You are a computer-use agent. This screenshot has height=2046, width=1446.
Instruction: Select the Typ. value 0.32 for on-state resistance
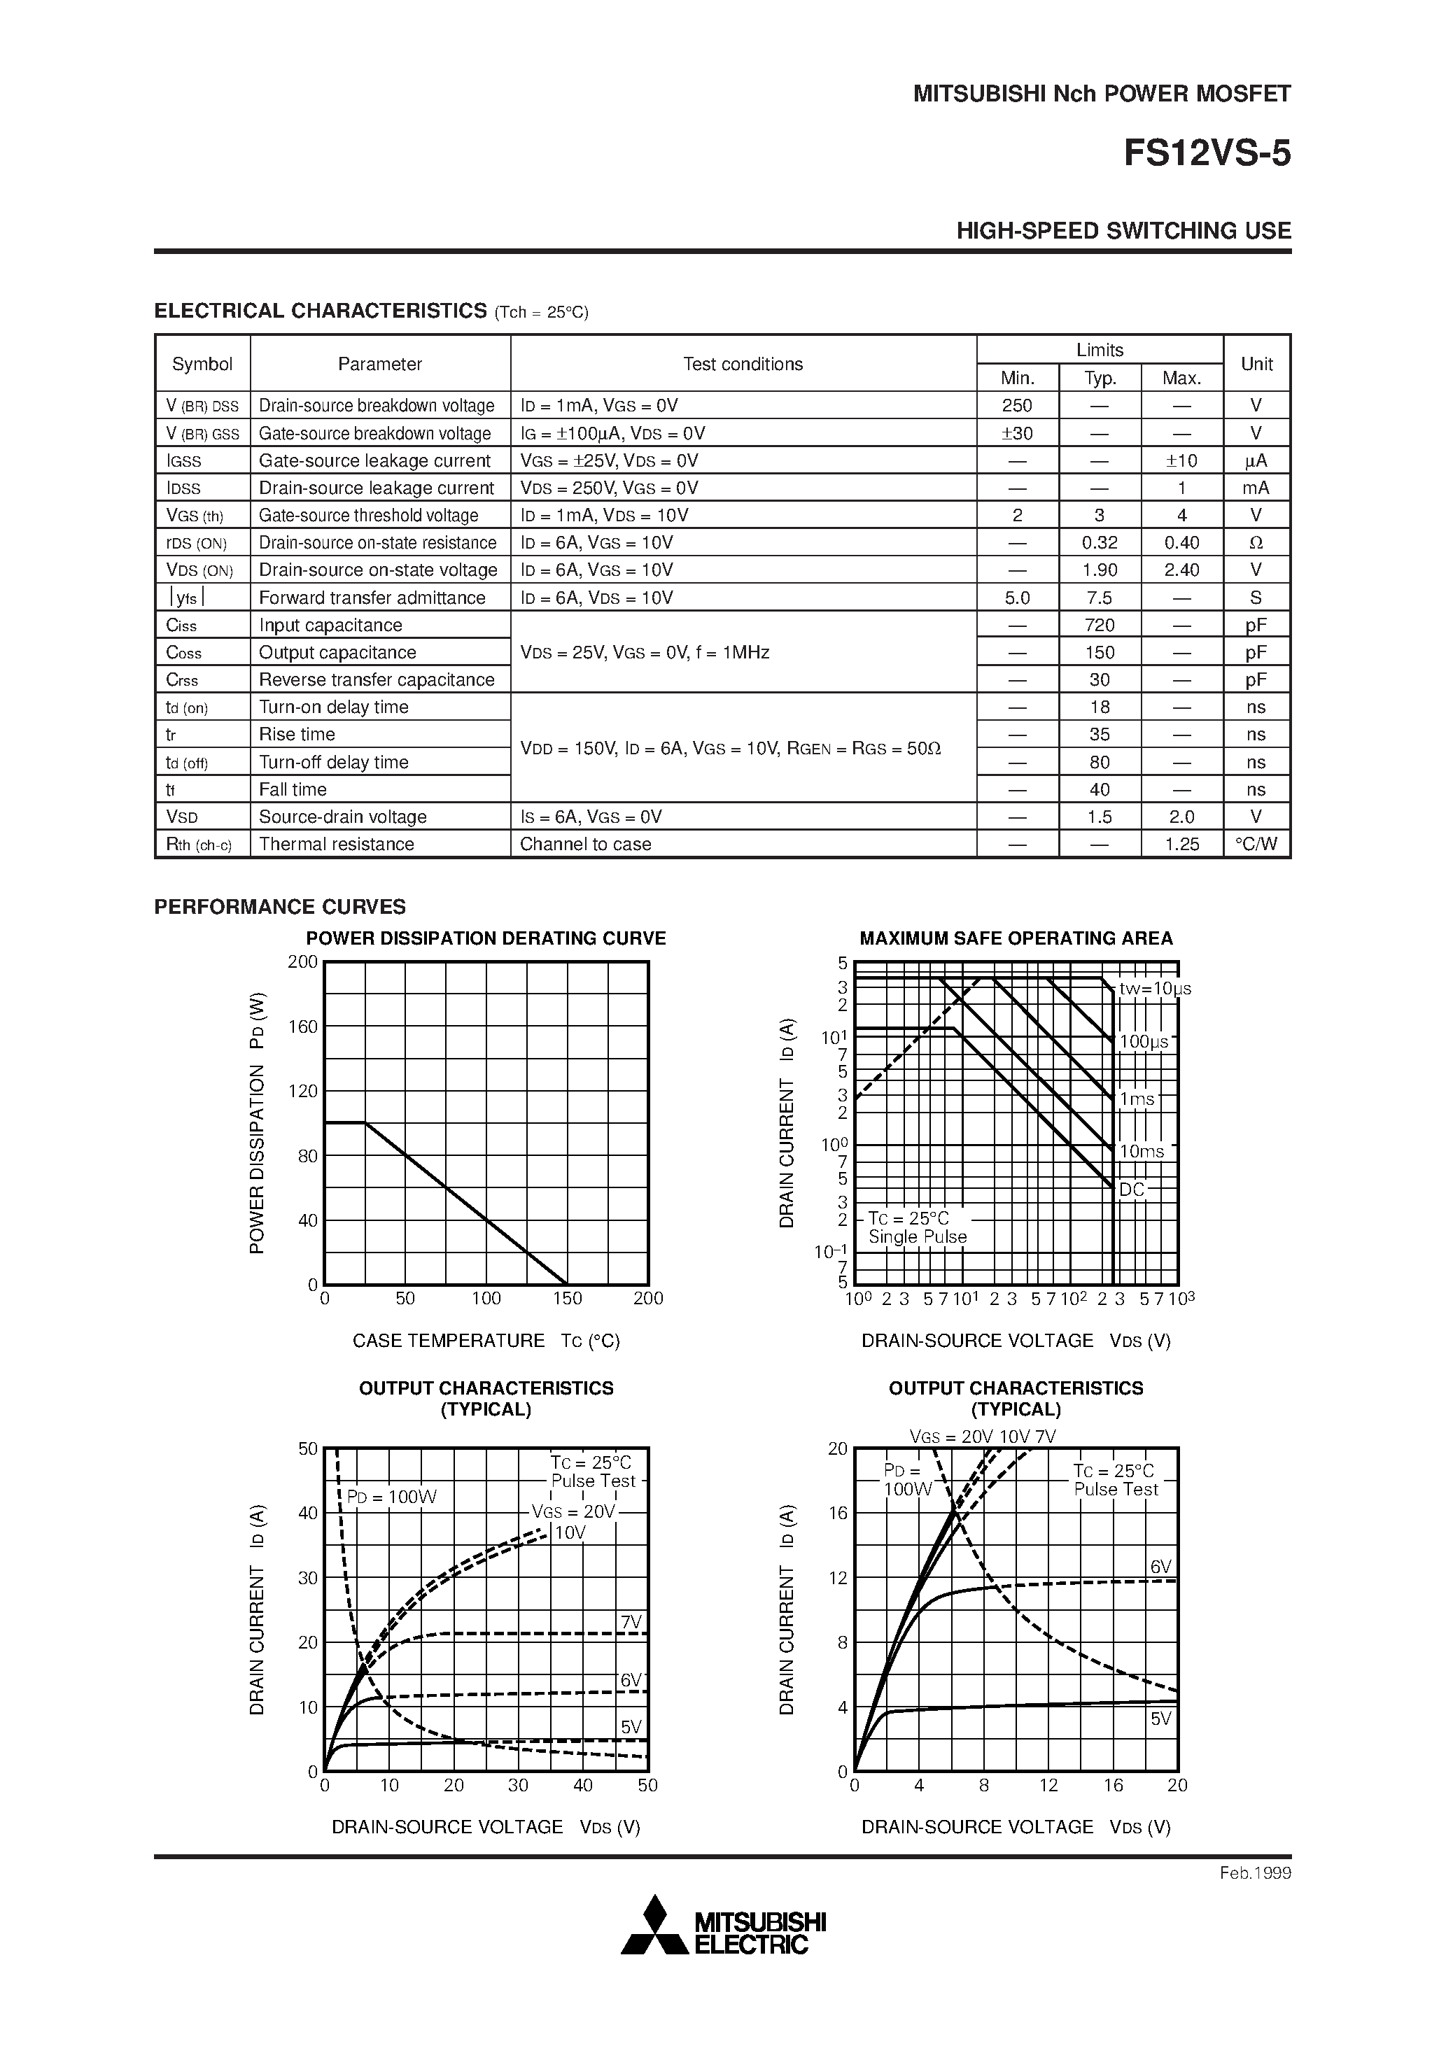pyautogui.click(x=1100, y=543)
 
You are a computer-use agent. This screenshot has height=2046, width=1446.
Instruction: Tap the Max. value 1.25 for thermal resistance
pyautogui.click(x=1181, y=844)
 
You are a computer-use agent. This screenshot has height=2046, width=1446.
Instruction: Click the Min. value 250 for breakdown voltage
pyautogui.click(x=1016, y=405)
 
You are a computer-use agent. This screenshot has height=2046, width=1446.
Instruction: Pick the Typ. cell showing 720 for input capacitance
pyautogui.click(x=1100, y=625)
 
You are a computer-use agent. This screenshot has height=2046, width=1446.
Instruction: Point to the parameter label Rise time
pyautogui.click(x=297, y=734)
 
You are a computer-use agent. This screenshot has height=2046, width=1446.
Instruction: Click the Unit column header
pyautogui.click(x=1256, y=364)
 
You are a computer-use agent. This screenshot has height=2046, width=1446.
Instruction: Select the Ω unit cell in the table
pyautogui.click(x=1256, y=543)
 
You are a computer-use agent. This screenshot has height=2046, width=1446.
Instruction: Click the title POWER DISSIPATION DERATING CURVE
pyautogui.click(x=486, y=938)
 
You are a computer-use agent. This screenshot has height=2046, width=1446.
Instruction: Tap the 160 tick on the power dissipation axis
pyautogui.click(x=303, y=1026)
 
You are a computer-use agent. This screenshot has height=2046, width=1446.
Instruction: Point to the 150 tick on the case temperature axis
pyautogui.click(x=567, y=1299)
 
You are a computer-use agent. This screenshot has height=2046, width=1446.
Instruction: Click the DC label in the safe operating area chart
pyautogui.click(x=1131, y=1190)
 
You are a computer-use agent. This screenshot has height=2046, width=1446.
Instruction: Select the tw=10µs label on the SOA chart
pyautogui.click(x=1156, y=988)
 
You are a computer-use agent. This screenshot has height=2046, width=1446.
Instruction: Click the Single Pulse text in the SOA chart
pyautogui.click(x=918, y=1237)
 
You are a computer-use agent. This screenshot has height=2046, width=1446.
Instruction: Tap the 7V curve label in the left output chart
pyautogui.click(x=631, y=1622)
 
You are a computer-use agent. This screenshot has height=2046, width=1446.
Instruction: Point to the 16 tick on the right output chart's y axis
pyautogui.click(x=838, y=1513)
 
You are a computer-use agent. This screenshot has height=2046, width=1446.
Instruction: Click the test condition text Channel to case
pyautogui.click(x=585, y=844)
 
